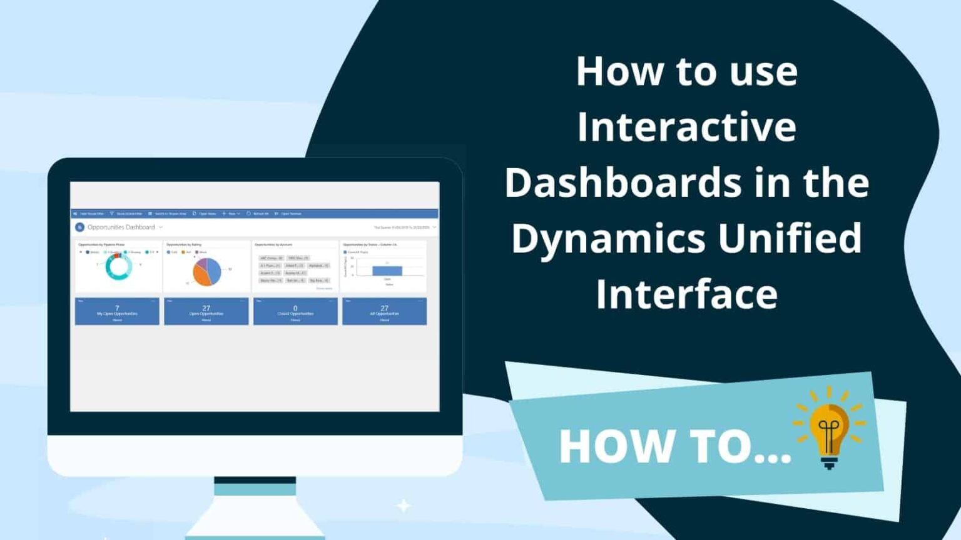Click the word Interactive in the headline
(x=686, y=127)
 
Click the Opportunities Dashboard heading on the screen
(x=121, y=227)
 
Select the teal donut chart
(x=118, y=267)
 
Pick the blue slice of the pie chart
(x=214, y=270)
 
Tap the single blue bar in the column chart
(x=387, y=271)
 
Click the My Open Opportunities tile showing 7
(x=117, y=311)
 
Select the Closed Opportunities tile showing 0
(x=295, y=311)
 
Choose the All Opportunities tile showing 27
(x=384, y=311)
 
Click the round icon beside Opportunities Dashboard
(x=79, y=227)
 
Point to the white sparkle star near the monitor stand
(x=404, y=505)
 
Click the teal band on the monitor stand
(x=255, y=489)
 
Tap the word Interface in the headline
(x=686, y=294)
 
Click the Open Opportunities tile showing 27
(x=206, y=311)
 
